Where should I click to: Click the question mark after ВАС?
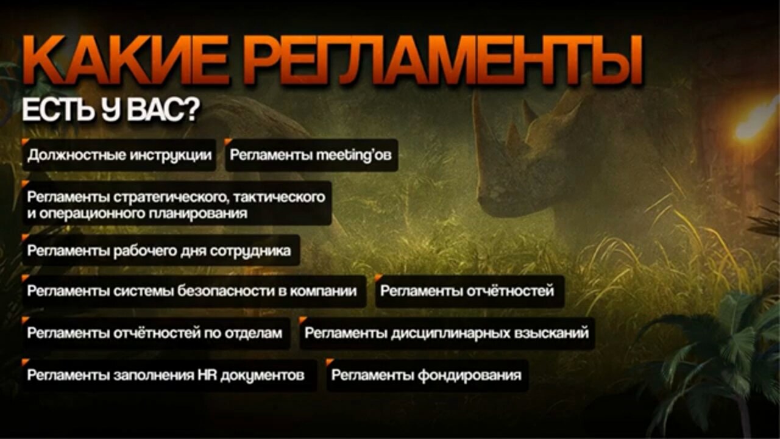(191, 110)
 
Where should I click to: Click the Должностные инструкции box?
(119, 155)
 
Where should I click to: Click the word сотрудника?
(250, 251)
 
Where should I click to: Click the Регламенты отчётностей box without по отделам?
(470, 291)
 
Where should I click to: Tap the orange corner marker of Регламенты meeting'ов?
(228, 141)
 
